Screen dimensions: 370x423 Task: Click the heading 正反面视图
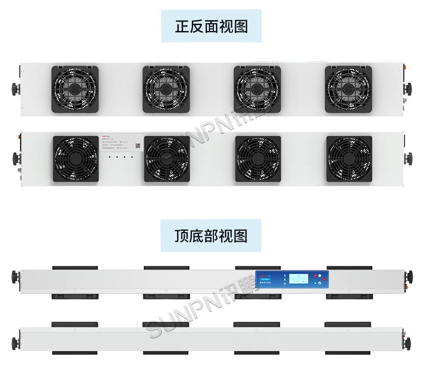[x=211, y=26]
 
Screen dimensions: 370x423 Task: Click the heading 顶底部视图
[x=211, y=236]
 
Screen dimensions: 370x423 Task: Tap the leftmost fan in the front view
[x=75, y=89]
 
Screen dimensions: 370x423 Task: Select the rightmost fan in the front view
[x=348, y=89]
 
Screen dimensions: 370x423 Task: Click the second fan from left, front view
[x=166, y=89]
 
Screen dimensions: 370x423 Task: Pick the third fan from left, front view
[x=257, y=89]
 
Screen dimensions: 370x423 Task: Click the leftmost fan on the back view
[x=75, y=158]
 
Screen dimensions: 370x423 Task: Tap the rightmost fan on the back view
[x=349, y=158]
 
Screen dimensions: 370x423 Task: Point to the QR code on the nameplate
[x=138, y=146]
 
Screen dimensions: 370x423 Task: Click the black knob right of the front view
[x=408, y=89]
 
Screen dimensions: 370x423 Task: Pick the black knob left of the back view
[x=14, y=158]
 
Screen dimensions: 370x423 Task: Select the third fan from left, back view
[x=258, y=158]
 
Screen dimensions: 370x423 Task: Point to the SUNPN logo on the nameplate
[x=107, y=133]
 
